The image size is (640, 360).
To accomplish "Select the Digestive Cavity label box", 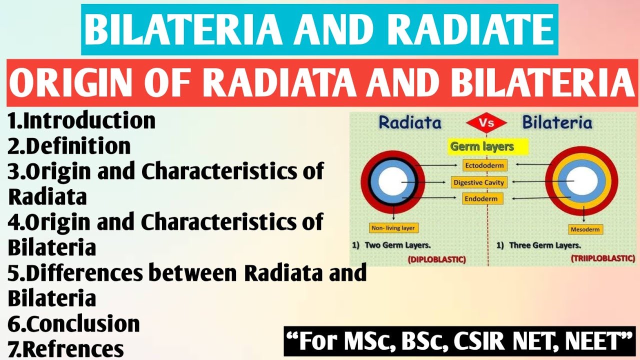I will (x=479, y=182).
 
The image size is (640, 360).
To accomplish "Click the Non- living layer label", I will (x=393, y=228).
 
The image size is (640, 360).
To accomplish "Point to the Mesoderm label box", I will (x=586, y=229).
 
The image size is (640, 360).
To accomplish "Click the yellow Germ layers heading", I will (x=482, y=146).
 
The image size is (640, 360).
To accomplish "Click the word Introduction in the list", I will (x=89, y=121).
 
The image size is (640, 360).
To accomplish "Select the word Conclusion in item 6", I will (x=83, y=324).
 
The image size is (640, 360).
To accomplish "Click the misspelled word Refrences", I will (x=74, y=349).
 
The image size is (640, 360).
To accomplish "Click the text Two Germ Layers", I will (x=398, y=245).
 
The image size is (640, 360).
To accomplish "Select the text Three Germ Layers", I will (x=544, y=245).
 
